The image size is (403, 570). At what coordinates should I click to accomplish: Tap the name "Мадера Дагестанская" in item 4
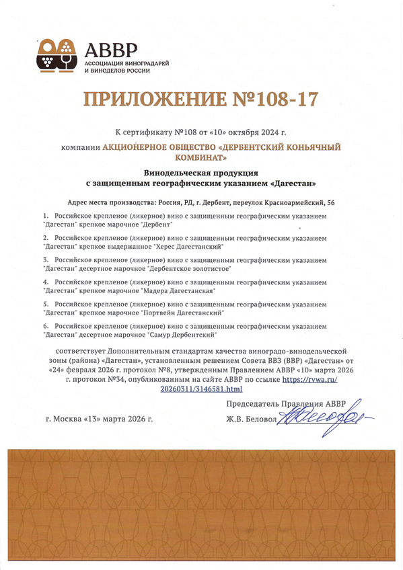tap(178, 290)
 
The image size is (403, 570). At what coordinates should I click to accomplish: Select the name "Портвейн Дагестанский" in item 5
tap(184, 312)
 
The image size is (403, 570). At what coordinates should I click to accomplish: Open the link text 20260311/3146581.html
tap(201, 389)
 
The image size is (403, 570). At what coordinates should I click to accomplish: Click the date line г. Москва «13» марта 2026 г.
tap(100, 419)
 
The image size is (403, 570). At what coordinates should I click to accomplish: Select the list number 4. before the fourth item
tap(46, 282)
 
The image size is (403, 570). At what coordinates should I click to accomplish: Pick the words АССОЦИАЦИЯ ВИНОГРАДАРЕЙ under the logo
tap(126, 63)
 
